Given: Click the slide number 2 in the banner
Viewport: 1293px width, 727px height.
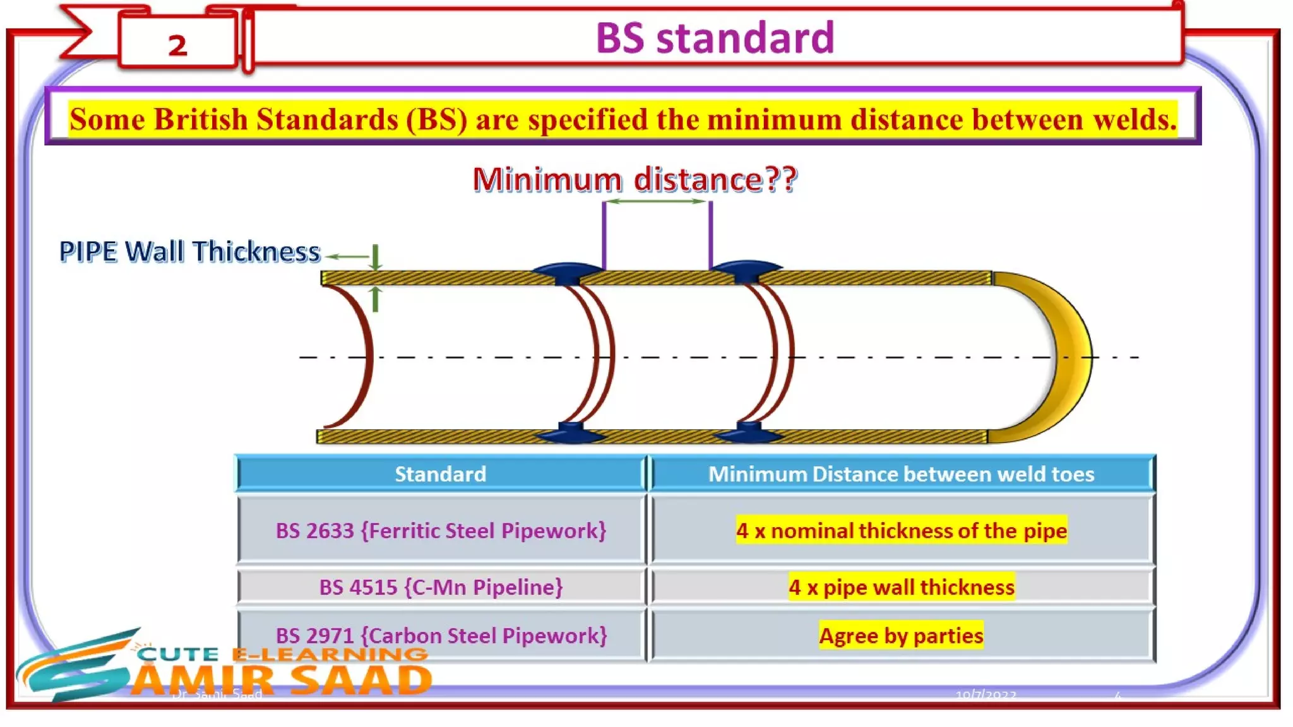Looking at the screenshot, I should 177,45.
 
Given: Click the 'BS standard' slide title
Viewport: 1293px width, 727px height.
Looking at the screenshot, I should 715,37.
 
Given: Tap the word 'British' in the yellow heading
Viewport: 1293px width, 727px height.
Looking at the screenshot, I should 200,119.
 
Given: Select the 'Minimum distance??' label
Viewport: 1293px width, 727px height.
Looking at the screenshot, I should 635,179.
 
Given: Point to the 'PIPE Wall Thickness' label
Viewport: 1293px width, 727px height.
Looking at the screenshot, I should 189,251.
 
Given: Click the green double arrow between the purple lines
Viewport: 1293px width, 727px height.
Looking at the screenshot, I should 657,201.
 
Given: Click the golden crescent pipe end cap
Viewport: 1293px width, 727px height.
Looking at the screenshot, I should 1067,357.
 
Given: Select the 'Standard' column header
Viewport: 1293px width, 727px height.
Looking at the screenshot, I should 440,474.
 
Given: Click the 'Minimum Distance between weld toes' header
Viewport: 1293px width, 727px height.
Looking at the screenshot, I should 901,474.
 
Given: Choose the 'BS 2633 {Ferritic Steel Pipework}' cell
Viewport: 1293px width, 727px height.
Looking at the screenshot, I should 441,531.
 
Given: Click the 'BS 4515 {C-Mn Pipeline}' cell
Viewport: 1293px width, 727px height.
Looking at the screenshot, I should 441,588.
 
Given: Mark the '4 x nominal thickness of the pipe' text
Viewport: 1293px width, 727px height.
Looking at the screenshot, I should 901,531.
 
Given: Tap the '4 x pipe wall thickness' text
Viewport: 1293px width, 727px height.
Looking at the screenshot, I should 901,588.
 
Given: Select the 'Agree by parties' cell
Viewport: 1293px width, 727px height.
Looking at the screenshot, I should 901,635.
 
